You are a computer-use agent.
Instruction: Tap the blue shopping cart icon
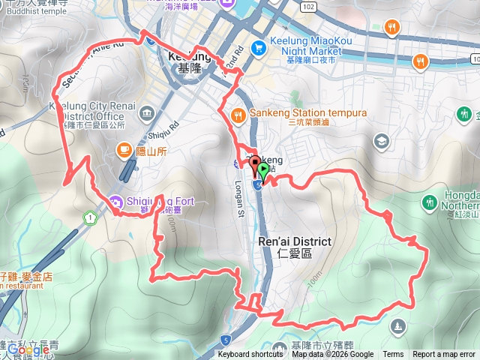click(x=259, y=47)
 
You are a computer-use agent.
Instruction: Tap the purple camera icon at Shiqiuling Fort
click(x=114, y=201)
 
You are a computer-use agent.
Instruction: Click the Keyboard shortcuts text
click(x=250, y=355)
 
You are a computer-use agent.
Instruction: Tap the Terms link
click(x=393, y=355)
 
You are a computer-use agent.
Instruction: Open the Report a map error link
click(x=443, y=355)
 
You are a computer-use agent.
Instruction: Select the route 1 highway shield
click(x=91, y=218)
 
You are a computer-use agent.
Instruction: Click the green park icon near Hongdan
click(x=430, y=202)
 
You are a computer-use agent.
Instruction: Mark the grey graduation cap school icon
click(x=382, y=140)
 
